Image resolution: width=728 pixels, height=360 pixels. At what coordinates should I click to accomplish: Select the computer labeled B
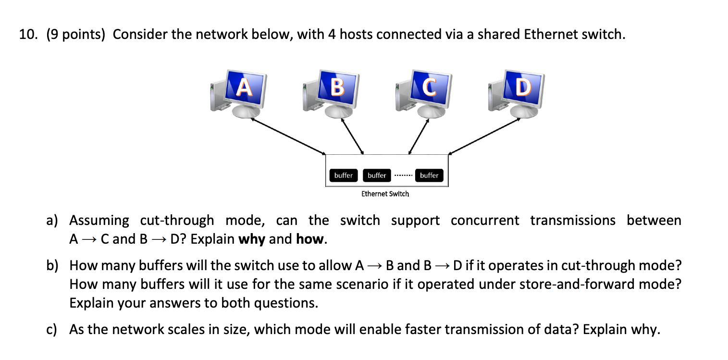[x=338, y=88]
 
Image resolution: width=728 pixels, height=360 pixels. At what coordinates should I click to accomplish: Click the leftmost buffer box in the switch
[x=343, y=175]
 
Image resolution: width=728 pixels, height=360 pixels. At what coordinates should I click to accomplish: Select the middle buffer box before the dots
[x=377, y=175]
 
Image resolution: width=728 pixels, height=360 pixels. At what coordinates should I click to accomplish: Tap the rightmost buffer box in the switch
[x=429, y=175]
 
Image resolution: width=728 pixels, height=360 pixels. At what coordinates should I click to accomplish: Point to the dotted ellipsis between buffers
[x=403, y=175]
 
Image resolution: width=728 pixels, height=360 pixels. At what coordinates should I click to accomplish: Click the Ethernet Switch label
[x=385, y=194]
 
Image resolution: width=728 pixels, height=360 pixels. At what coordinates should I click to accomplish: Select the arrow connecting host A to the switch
[x=289, y=136]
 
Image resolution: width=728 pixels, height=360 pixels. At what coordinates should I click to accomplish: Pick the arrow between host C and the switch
[x=418, y=136]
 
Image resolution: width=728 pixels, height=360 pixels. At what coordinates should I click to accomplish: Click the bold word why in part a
[x=251, y=239]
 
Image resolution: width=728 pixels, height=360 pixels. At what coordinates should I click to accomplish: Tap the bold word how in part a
[x=310, y=239]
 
